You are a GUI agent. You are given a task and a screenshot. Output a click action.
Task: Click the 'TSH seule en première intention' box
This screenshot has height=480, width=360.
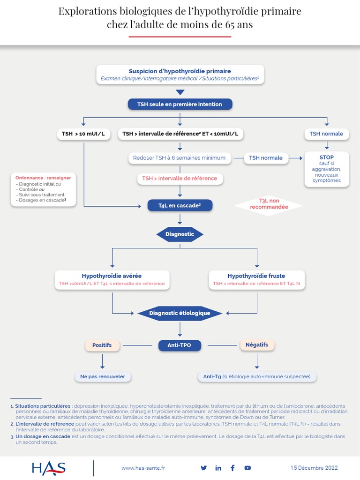tap(180, 104)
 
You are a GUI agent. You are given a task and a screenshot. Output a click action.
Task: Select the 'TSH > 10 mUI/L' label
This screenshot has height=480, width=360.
tap(83, 134)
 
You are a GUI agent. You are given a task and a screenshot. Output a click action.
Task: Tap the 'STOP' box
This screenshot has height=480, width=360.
tap(327, 169)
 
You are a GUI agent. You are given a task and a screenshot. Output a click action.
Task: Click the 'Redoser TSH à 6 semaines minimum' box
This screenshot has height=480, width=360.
tap(180, 158)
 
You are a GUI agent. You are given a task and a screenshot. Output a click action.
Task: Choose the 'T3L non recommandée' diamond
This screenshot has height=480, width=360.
tap(269, 203)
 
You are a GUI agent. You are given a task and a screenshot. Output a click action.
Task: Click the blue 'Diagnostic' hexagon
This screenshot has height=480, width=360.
tap(180, 234)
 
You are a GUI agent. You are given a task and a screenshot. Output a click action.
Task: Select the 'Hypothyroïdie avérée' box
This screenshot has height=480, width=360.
tap(112, 279)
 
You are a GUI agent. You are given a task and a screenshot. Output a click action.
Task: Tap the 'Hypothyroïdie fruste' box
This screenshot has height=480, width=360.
tap(256, 279)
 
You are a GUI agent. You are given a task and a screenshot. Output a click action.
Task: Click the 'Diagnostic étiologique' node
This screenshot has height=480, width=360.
tap(180, 313)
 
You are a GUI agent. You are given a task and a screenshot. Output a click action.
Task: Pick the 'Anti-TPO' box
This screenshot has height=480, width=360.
tap(180, 345)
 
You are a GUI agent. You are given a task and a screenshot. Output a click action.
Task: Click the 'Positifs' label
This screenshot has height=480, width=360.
tap(102, 345)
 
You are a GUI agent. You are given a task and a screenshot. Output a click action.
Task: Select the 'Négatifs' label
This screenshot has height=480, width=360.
tap(257, 345)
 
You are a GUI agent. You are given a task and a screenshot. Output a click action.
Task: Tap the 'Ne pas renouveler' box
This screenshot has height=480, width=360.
tap(103, 376)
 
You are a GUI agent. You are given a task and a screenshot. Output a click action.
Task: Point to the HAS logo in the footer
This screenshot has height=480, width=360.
tap(48, 468)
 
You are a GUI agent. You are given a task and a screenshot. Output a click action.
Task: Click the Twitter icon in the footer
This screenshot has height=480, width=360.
tap(203, 468)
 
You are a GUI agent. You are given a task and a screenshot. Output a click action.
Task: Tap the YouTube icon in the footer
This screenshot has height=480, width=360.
tap(247, 468)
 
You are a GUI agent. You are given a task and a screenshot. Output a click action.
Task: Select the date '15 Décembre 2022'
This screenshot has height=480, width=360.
tap(314, 468)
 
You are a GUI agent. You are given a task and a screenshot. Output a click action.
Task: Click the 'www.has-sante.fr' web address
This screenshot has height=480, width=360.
tap(143, 468)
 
